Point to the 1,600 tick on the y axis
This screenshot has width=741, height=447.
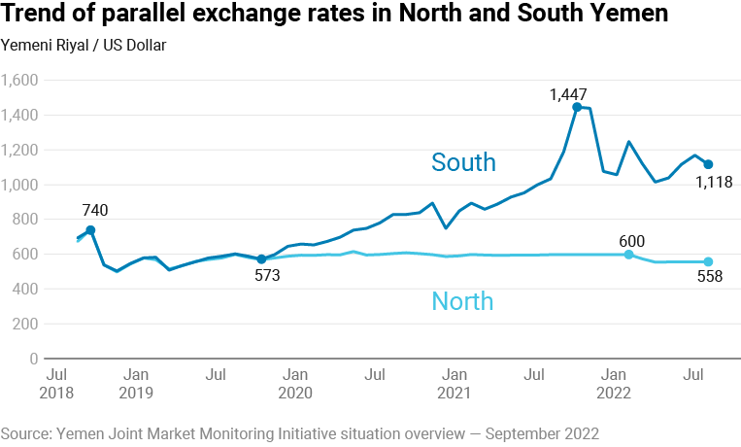click(x=19, y=81)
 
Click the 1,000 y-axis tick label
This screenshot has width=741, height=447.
click(x=19, y=185)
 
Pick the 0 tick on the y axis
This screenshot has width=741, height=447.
click(x=33, y=359)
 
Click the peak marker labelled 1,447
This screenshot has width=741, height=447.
click(x=577, y=107)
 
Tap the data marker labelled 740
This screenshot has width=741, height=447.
click(x=90, y=230)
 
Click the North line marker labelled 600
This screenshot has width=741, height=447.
click(x=629, y=255)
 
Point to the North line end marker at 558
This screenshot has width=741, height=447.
click(x=708, y=261)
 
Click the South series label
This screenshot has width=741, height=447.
click(x=463, y=162)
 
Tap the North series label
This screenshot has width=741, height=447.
click(x=462, y=301)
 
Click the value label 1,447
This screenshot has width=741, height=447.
click(x=568, y=94)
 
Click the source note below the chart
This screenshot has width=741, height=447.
click(x=300, y=431)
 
